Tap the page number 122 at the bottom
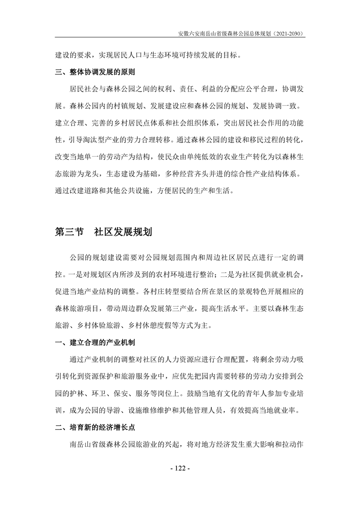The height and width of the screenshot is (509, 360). point(180,468)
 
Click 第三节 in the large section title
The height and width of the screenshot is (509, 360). point(69,232)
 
